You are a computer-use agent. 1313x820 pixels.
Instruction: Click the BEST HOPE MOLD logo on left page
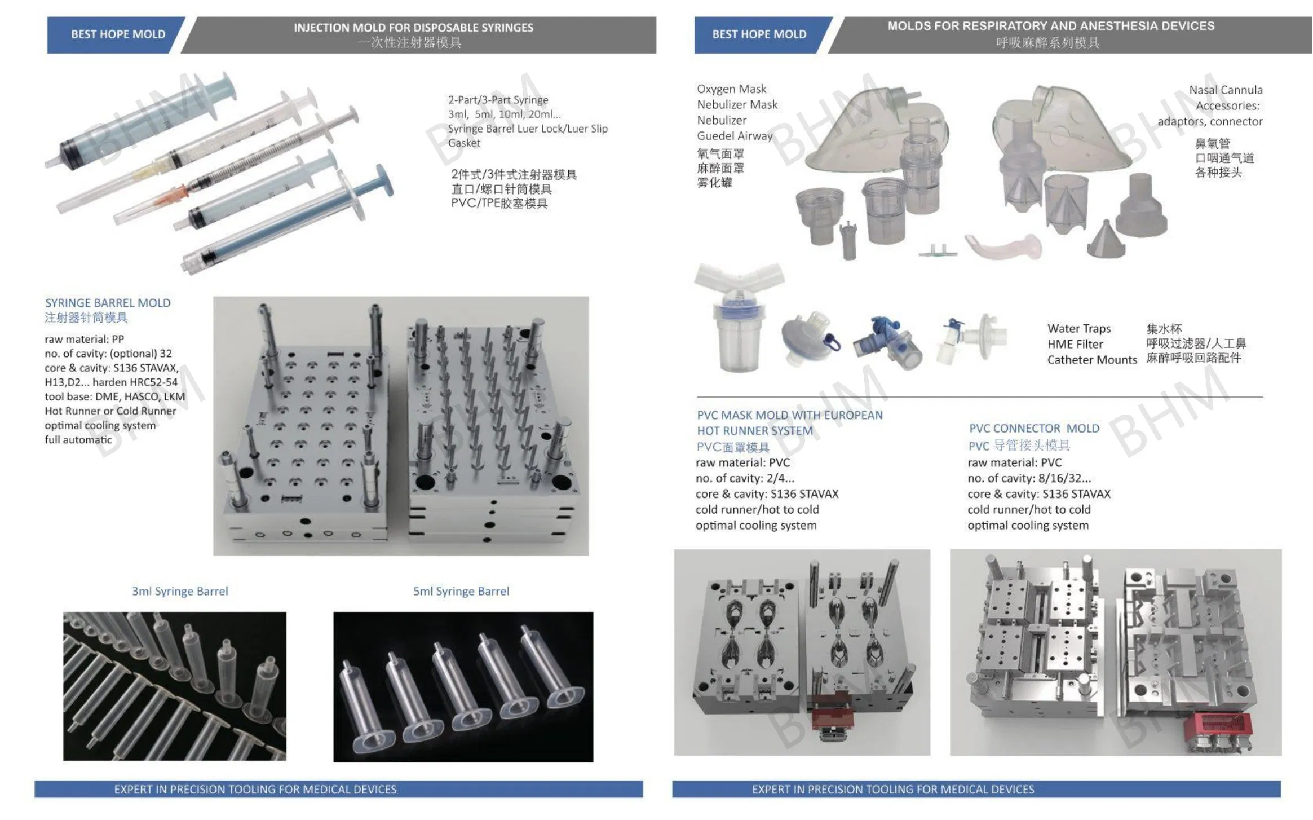tap(118, 34)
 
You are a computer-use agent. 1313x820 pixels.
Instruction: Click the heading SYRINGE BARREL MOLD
tap(108, 303)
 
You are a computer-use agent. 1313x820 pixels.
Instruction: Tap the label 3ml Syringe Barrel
tap(180, 591)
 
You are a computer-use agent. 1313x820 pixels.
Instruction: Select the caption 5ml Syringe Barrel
tap(461, 591)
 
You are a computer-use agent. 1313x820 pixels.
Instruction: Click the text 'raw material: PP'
tap(84, 339)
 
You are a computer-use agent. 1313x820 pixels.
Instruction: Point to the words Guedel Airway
tap(734, 136)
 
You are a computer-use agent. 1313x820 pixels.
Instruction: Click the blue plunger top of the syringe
tap(384, 180)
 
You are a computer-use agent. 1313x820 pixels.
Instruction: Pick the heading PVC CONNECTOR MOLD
tap(1034, 428)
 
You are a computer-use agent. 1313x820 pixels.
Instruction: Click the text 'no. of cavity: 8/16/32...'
tap(1029, 478)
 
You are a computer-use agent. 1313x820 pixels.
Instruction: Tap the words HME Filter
tap(1075, 344)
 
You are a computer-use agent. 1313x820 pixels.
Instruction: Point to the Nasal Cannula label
tap(1225, 90)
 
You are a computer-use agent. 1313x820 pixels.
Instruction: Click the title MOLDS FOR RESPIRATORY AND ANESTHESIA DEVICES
tap(1050, 26)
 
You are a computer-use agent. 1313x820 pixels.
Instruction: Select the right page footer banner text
tap(892, 789)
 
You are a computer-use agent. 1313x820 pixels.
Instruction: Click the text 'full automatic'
tap(78, 439)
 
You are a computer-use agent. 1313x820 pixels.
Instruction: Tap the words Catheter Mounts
tap(1091, 360)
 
